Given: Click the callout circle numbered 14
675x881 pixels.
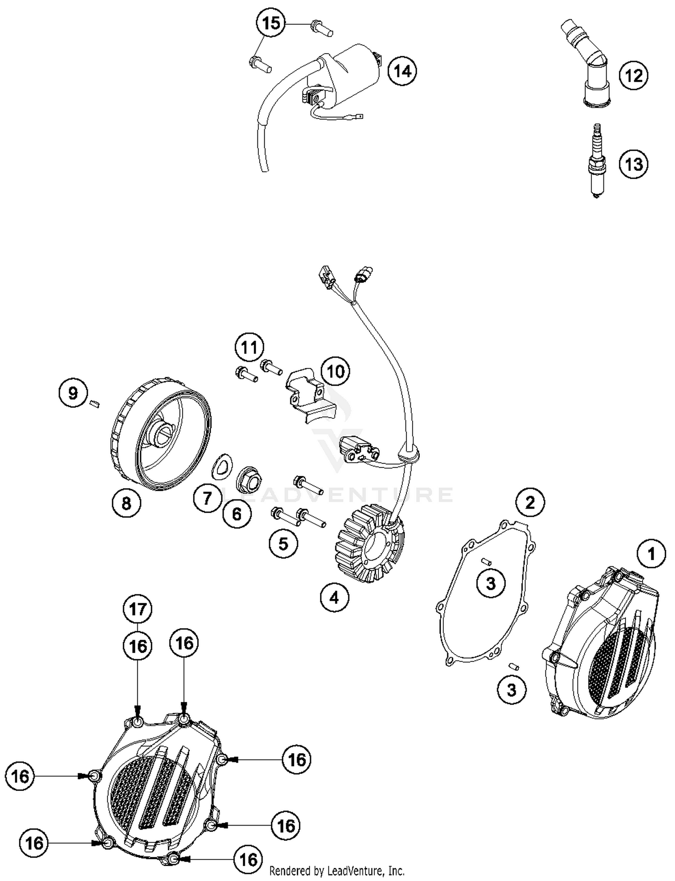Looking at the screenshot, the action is click(402, 71).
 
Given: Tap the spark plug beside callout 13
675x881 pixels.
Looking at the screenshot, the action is click(597, 161).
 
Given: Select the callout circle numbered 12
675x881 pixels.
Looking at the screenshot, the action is click(634, 75).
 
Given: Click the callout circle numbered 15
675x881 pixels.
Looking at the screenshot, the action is click(271, 23).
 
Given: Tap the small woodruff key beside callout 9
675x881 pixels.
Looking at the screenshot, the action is click(94, 403).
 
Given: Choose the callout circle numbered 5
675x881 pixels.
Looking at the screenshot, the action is click(283, 544).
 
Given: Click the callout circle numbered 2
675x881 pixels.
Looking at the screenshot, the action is click(530, 502).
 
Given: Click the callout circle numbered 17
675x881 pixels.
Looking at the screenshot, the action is click(138, 609).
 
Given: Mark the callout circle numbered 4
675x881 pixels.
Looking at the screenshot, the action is click(334, 598).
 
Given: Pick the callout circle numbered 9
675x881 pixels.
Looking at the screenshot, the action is click(73, 393).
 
